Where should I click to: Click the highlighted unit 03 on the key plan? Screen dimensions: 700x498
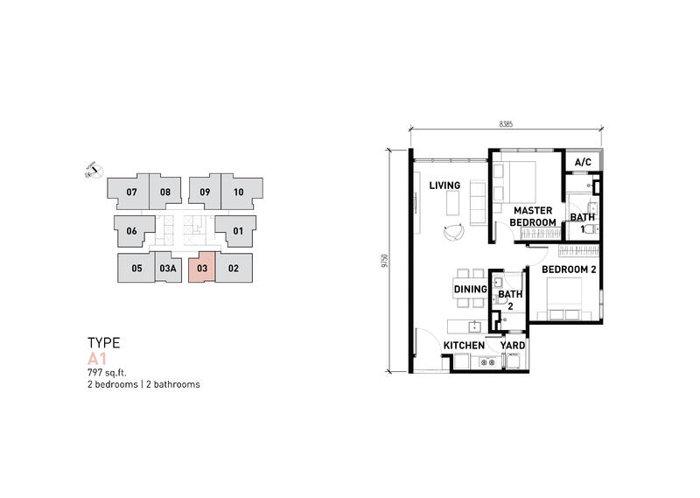(202, 268)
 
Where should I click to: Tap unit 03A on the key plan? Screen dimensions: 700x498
(168, 268)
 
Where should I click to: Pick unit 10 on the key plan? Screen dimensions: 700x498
(241, 191)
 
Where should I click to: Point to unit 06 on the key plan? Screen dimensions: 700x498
(133, 231)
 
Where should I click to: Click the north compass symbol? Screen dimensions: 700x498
(94, 170)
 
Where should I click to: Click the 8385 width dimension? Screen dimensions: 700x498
(506, 124)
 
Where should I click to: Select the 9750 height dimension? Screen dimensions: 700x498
(384, 261)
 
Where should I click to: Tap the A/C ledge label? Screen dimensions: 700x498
(583, 162)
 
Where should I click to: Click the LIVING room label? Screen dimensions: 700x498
(444, 186)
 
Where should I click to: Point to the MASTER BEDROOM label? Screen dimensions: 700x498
(533, 216)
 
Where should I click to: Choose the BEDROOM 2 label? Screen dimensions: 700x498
(569, 270)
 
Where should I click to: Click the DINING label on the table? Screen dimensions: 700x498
(470, 290)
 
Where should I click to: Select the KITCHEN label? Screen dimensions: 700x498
(464, 345)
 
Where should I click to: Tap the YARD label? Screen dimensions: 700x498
(513, 345)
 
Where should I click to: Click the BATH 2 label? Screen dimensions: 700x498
(510, 299)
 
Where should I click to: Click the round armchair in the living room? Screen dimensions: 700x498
(454, 232)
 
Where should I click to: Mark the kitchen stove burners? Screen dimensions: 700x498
(487, 362)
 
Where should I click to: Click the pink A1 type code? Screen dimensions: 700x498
(97, 359)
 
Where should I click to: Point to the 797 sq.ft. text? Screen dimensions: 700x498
(107, 373)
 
